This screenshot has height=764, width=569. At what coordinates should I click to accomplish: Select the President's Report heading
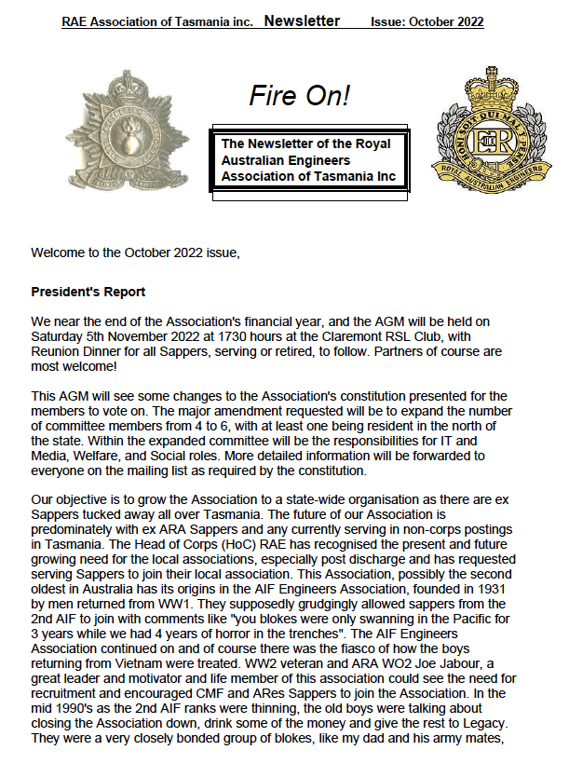88,292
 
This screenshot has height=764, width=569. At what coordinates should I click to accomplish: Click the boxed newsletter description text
308,160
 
